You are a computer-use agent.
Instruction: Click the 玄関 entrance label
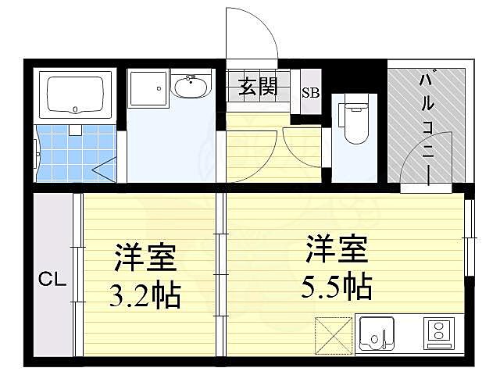coord(259,87)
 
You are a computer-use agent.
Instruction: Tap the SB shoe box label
coord(310,92)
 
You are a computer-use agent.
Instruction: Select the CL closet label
coord(53,277)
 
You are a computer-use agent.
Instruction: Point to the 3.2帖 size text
coord(145,297)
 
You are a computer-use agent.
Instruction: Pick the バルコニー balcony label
coord(427,129)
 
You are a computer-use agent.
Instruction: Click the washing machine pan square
coord(148,88)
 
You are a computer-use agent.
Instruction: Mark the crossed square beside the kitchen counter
coord(334,335)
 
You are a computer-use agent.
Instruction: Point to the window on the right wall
coord(470,238)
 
